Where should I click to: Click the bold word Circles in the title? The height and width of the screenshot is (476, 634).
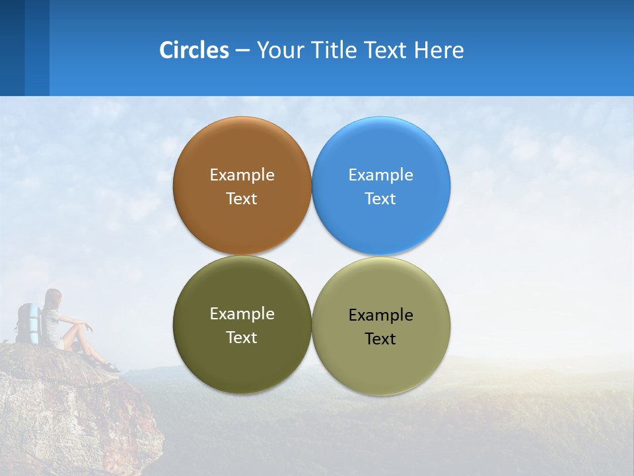click(194, 50)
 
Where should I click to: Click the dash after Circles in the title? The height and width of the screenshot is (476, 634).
click(242, 51)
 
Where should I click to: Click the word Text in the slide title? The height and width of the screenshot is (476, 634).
click(387, 50)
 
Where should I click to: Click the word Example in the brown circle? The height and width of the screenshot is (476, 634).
click(242, 175)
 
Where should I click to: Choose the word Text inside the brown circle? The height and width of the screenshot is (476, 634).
click(242, 198)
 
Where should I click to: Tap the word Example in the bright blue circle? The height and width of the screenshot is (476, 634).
click(380, 175)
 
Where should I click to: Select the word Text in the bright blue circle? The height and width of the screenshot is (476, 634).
click(380, 198)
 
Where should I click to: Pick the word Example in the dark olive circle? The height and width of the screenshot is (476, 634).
click(242, 313)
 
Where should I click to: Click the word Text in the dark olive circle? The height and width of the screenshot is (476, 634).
click(242, 337)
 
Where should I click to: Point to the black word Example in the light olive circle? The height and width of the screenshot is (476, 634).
click(380, 315)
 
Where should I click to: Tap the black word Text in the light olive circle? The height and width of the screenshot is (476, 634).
click(380, 338)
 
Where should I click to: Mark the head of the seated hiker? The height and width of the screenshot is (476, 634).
click(53, 297)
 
